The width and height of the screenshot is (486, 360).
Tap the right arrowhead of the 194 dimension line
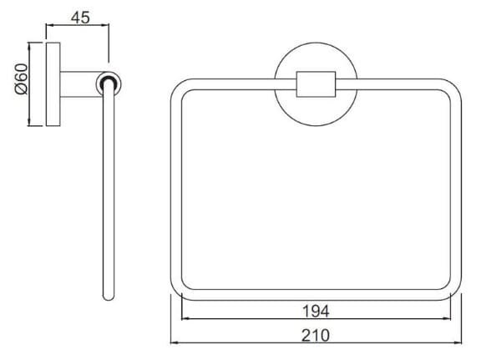[448, 320]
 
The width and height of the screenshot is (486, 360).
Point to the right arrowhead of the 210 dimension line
[459, 343]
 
